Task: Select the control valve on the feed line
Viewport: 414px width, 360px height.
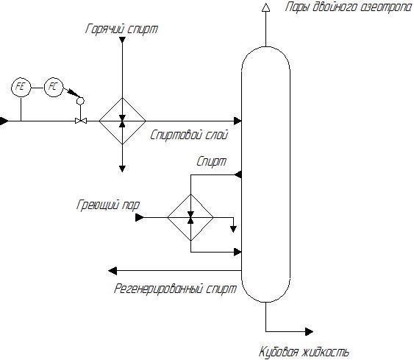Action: [x=81, y=121]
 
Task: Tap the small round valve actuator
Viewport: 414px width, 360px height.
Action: [x=80, y=101]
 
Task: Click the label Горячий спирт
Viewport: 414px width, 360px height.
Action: [x=122, y=29]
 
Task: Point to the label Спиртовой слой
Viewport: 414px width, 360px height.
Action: [x=189, y=135]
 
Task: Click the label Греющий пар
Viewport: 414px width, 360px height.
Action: [x=108, y=205]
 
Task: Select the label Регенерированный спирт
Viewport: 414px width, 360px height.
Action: [x=175, y=289]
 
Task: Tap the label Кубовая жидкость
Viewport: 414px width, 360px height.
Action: [x=304, y=352]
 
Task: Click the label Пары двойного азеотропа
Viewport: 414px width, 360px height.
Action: [x=349, y=7]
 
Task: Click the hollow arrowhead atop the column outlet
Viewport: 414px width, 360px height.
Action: [x=266, y=7]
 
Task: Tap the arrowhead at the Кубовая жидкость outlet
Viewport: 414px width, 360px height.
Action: [x=309, y=331]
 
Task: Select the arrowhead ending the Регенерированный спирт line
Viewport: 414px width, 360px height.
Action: [x=113, y=271]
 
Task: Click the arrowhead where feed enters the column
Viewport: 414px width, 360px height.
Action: [x=238, y=121]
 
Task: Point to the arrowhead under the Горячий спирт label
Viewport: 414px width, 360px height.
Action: [x=122, y=40]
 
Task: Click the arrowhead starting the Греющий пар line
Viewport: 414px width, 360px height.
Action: [x=140, y=217]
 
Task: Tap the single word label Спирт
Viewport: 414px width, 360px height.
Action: [x=212, y=161]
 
